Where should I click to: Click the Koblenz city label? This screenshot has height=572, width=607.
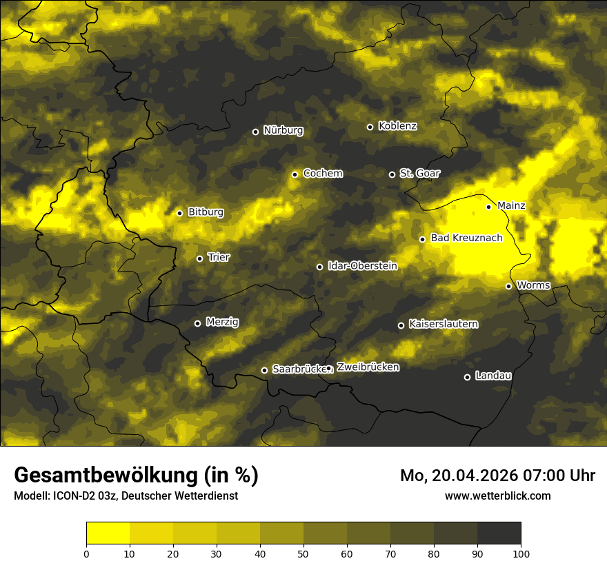coord(398,126)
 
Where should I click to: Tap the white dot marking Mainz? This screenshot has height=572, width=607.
coord(488,207)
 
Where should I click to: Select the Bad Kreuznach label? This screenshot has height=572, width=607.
coord(466,238)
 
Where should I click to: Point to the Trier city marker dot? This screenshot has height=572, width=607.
coord(200,258)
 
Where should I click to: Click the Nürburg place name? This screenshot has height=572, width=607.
coord(283,130)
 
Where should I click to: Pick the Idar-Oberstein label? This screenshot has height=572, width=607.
coord(362,265)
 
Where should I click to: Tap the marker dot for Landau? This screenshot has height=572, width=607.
coord(467,377)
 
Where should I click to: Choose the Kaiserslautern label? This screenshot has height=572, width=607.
coord(443,324)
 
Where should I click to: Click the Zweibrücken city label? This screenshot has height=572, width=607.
coord(368,367)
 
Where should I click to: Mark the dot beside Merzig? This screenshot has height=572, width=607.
coord(197,323)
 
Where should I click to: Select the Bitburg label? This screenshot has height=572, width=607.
coord(206,212)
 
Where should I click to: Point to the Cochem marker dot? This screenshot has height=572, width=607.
coord(295,174)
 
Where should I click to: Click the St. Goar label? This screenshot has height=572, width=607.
coord(419,173)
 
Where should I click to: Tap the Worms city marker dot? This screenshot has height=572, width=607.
coord(508,286)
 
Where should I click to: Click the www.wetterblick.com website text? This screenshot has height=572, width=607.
coord(497,496)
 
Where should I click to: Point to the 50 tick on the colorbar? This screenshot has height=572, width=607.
coord(303,553)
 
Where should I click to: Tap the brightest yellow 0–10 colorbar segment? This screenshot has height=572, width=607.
coord(108,533)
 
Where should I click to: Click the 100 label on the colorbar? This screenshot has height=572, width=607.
coord(521,553)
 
